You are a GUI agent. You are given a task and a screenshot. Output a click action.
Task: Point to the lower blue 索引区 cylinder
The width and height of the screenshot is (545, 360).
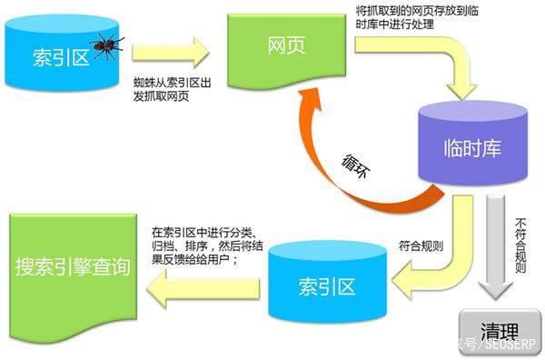click(325, 286)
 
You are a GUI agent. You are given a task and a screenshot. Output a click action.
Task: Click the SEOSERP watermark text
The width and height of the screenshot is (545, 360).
click(509, 345)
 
